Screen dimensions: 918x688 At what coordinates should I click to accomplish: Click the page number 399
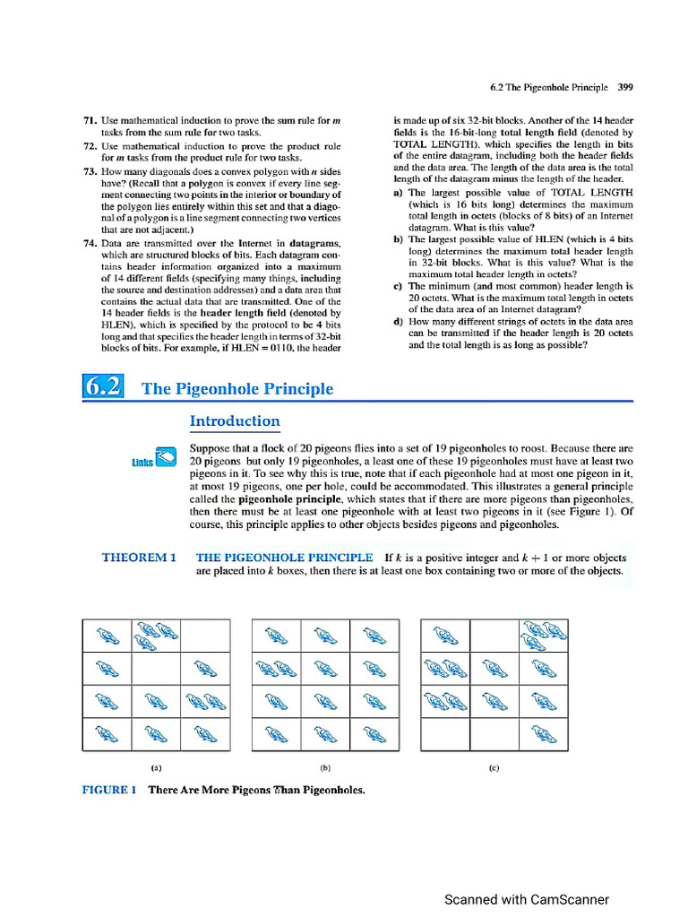click(x=625, y=88)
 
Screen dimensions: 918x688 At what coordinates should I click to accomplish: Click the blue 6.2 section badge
click(x=103, y=387)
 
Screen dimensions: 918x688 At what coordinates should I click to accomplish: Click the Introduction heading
click(x=235, y=421)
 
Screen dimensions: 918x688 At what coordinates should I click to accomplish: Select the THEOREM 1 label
click(x=139, y=558)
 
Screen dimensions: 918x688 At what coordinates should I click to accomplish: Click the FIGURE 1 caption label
click(x=108, y=790)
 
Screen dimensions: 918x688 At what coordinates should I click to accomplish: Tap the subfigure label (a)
click(x=156, y=767)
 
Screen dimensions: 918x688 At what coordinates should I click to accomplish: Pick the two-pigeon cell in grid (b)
click(x=277, y=668)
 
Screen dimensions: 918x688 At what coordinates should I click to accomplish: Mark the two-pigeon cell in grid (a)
click(x=205, y=701)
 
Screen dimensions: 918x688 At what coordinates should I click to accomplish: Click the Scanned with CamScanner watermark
click(x=527, y=899)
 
